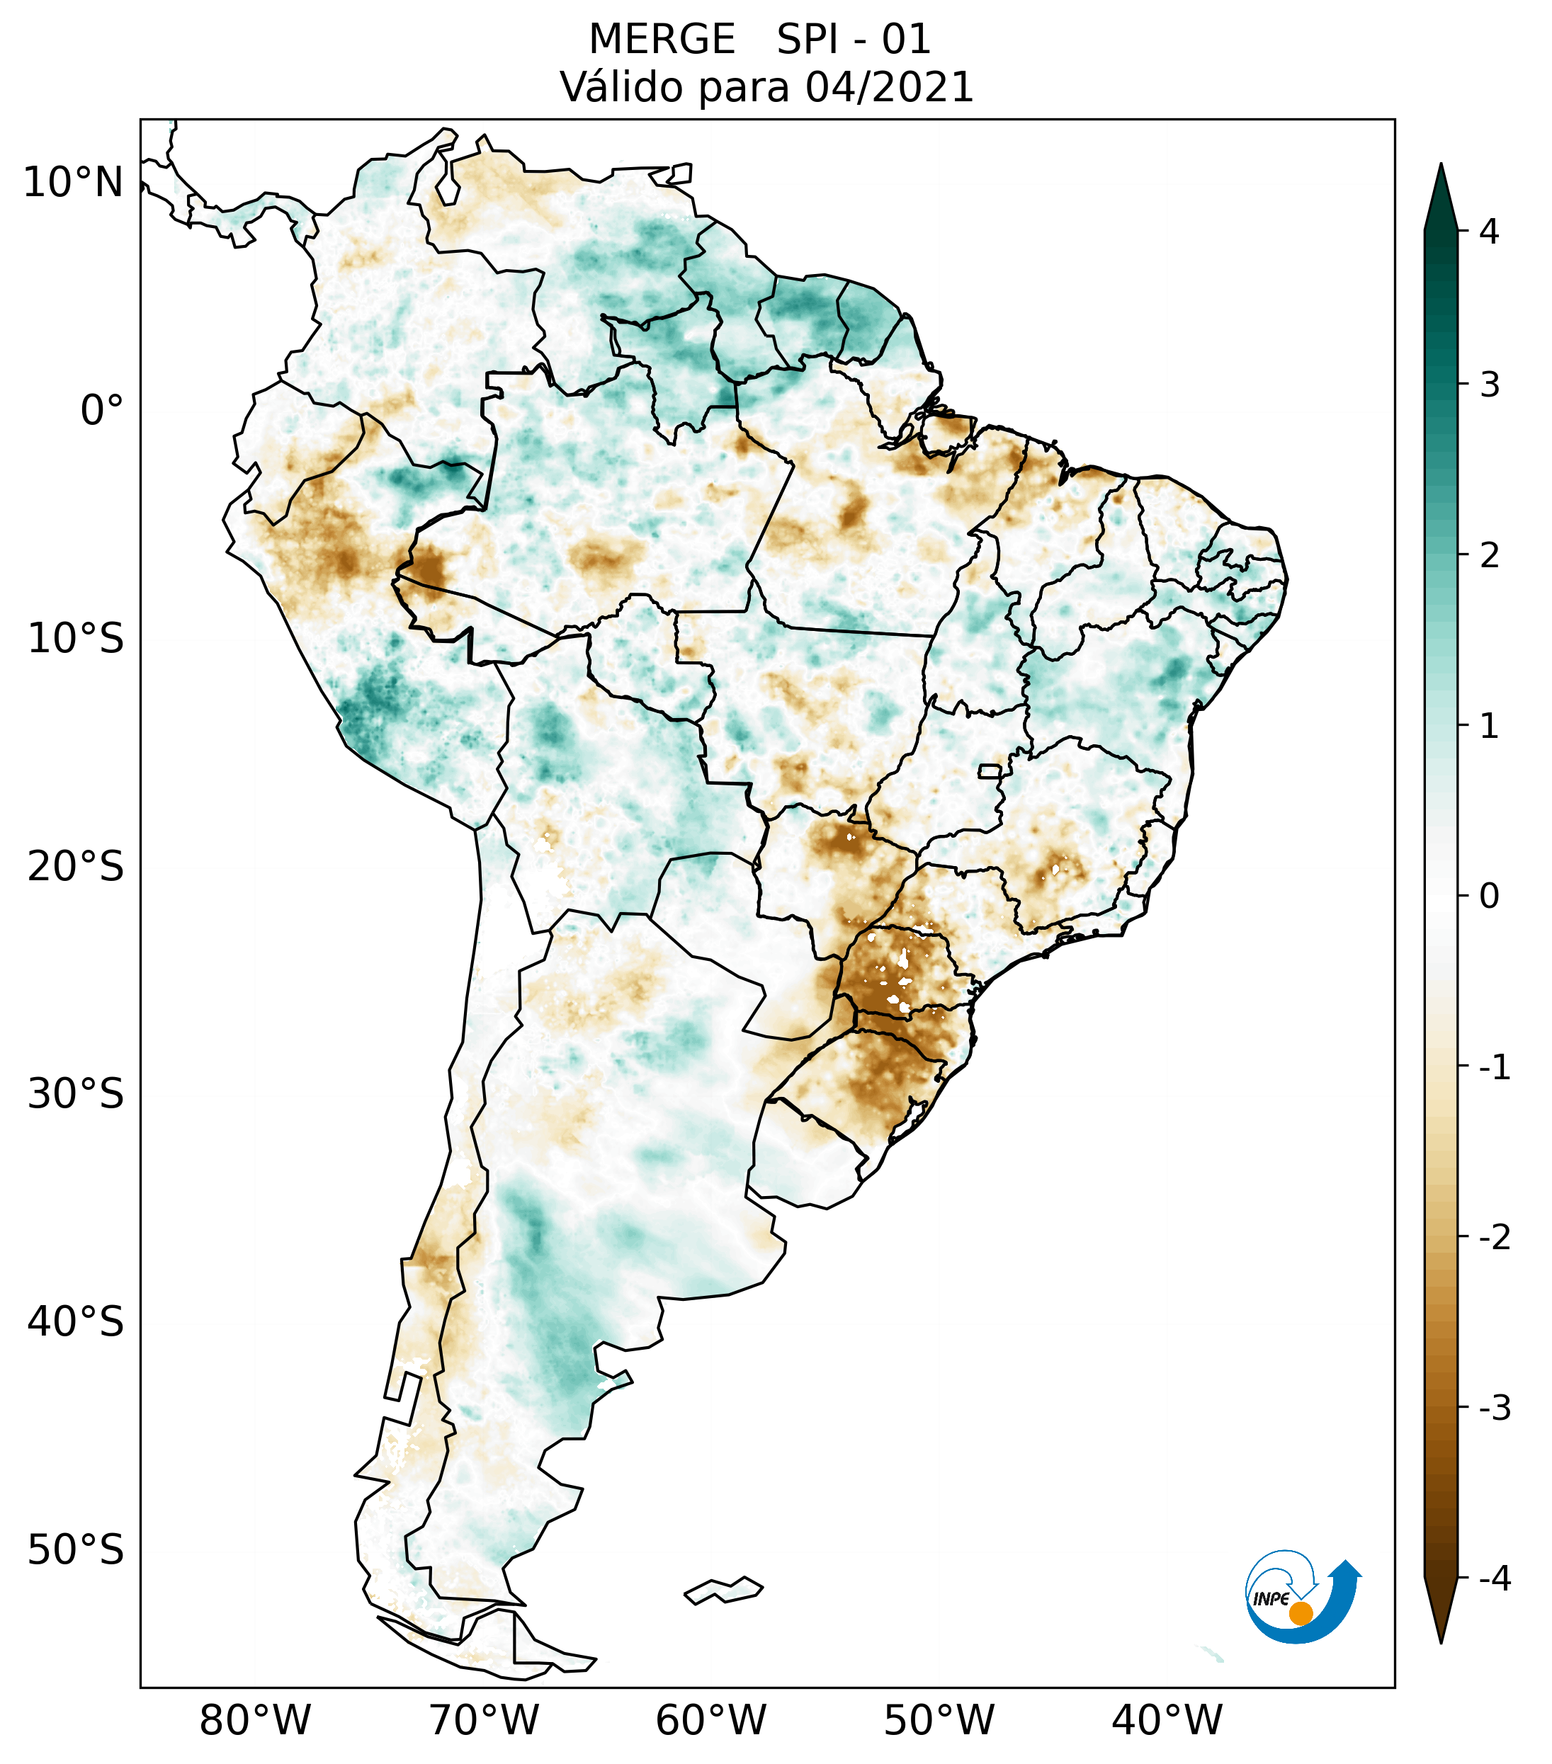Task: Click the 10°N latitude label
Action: tap(74, 183)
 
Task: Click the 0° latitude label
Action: tap(102, 411)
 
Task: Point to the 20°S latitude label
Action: tap(76, 867)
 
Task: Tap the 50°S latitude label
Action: tap(76, 1551)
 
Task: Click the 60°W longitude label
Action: tap(710, 1720)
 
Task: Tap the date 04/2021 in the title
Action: tap(889, 87)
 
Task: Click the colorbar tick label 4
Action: tap(1489, 232)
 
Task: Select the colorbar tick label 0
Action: tap(1489, 897)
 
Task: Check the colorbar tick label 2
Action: tap(1489, 556)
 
